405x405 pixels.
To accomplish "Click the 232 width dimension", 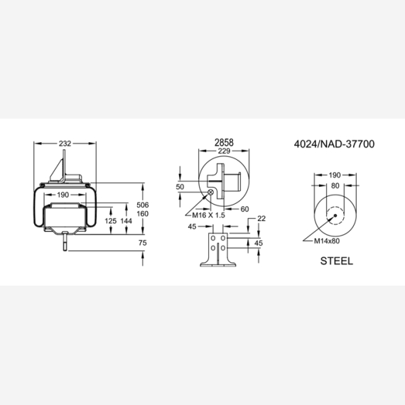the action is (x=65, y=144).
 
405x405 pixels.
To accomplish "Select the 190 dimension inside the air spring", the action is (x=63, y=195).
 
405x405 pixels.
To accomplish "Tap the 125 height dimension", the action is (x=111, y=221).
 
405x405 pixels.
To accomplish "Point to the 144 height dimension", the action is (x=126, y=221).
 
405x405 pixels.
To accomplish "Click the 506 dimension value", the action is (x=143, y=205).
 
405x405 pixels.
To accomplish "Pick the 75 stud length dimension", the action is (x=143, y=243).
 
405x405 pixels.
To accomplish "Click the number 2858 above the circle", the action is (x=224, y=143).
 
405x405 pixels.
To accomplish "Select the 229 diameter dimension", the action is (x=224, y=151).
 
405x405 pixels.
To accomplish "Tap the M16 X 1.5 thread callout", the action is (x=208, y=215).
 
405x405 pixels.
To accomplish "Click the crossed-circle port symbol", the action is (x=211, y=192).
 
